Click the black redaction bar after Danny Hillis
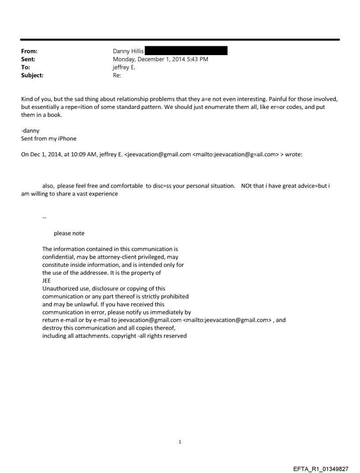186,51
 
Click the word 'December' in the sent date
155,59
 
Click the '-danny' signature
30,131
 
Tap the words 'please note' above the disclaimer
69,233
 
